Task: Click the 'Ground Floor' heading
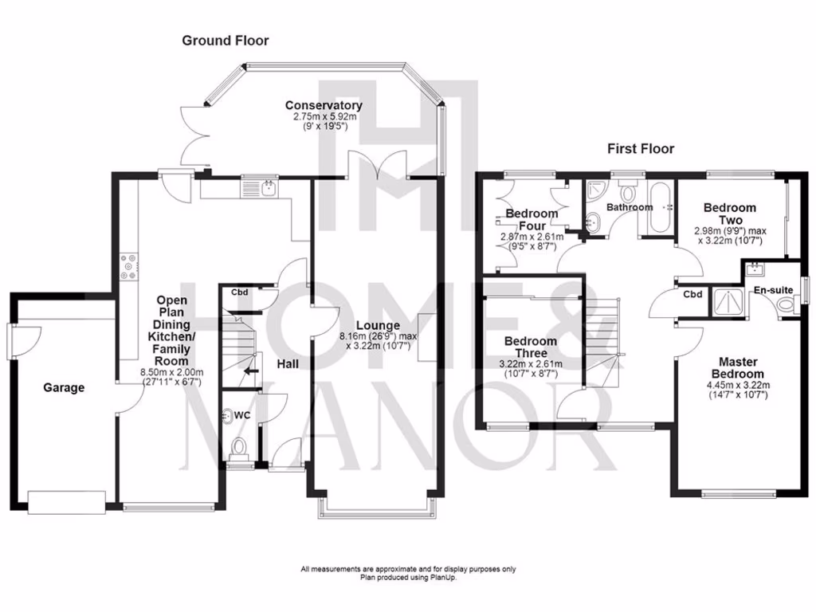coord(226,41)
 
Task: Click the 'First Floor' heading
coord(641,149)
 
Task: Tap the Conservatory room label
coord(324,106)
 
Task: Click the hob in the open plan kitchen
coord(128,266)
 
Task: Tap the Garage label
coord(64,388)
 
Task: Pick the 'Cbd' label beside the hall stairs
coord(240,292)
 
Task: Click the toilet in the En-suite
coord(787,304)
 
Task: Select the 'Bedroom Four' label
coord(532,220)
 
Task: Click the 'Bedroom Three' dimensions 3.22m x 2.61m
coord(531,368)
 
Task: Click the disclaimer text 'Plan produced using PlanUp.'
coord(407,578)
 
